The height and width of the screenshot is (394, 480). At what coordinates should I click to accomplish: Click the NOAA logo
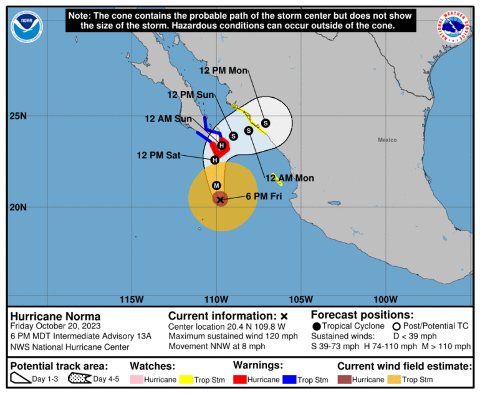point(27,27)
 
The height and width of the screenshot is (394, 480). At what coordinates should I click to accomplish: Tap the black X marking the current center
point(220,199)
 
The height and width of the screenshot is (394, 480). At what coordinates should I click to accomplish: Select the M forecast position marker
point(216,185)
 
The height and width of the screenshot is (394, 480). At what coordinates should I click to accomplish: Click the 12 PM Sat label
point(158,155)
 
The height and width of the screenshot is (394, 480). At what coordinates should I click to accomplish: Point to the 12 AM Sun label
point(168,118)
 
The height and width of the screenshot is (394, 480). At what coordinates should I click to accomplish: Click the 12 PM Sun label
point(190,95)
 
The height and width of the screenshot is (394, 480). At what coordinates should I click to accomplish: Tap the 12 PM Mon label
point(224,70)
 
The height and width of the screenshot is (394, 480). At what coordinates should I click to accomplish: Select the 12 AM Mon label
point(289,178)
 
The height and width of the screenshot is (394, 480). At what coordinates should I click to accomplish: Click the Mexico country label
point(387,140)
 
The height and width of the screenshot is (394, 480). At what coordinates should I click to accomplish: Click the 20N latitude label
point(17,207)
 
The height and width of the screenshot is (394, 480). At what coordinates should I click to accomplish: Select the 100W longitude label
point(386,299)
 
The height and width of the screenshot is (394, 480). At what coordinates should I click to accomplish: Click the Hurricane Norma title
point(55,316)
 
